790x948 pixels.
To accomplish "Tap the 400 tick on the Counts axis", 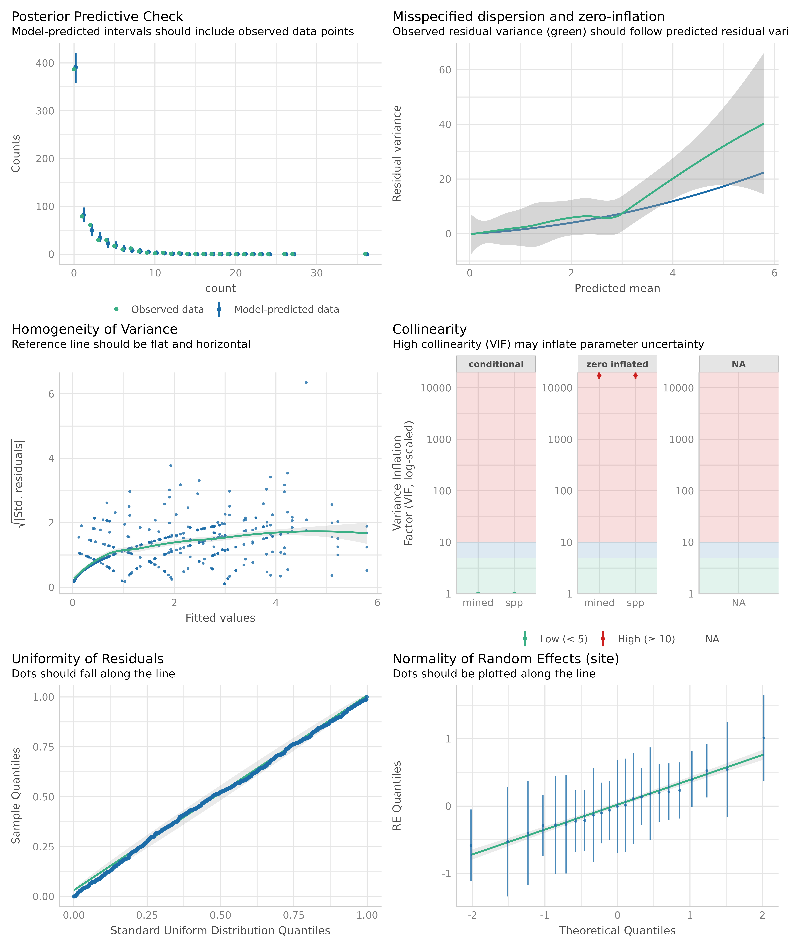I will pos(45,63).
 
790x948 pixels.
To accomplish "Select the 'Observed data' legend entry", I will pos(167,310).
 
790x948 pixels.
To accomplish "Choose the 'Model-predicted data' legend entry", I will pos(286,310).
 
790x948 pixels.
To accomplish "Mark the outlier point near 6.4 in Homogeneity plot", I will pos(306,382).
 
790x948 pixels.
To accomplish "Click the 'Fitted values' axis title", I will pos(220,618).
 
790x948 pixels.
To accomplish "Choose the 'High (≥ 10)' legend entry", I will pos(646,639).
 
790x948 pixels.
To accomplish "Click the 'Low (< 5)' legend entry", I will pos(563,639).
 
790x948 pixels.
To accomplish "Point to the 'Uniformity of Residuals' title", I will pos(88,659).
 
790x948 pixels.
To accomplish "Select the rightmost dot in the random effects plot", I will pos(763,738).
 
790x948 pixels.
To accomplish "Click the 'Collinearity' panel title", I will pos(429,330).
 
